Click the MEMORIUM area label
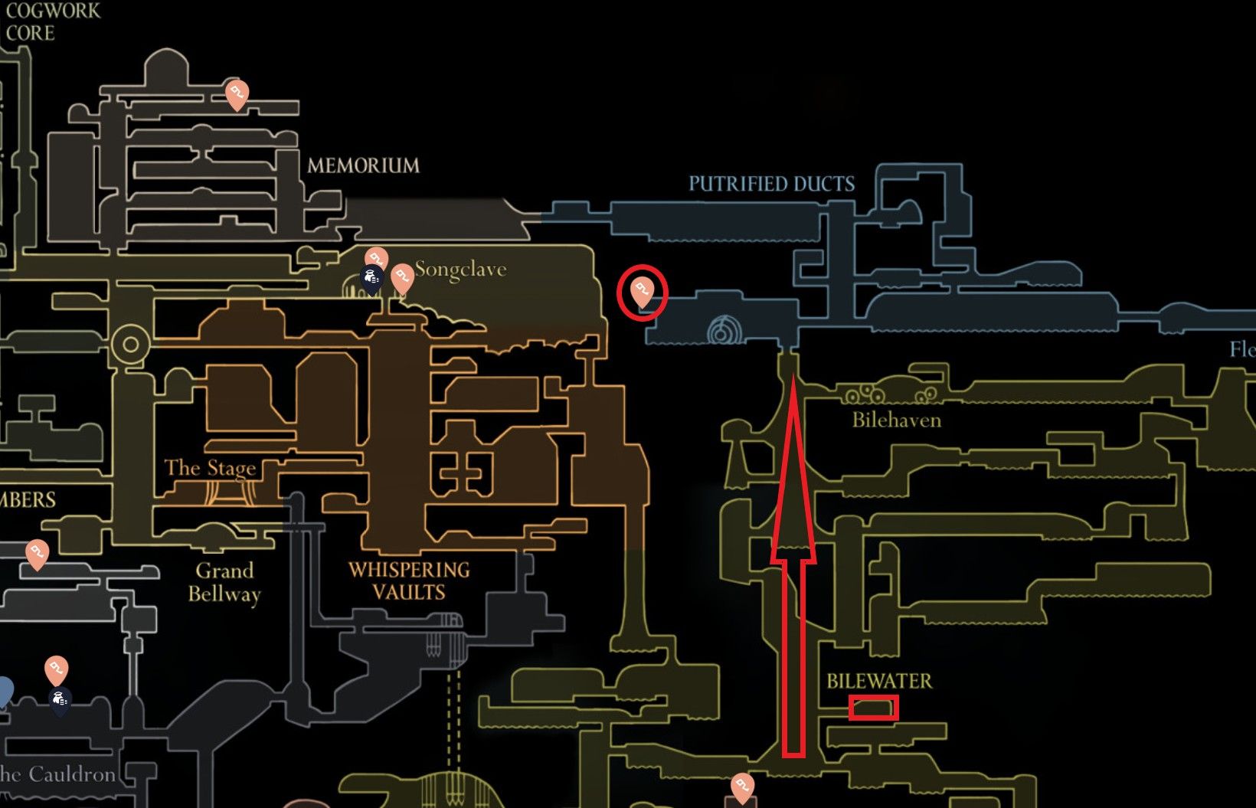pos(363,165)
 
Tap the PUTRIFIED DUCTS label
pos(771,184)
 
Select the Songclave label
pos(460,270)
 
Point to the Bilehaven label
pos(896,420)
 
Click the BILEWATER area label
pos(879,681)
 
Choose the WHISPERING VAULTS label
pos(409,581)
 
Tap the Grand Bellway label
pos(224,582)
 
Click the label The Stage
pos(210,468)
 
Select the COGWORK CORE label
pos(52,21)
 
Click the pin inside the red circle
pos(642,291)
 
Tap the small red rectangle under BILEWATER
pos(873,708)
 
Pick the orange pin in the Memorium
pos(237,94)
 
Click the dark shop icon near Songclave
pos(371,280)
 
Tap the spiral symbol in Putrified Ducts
pos(720,332)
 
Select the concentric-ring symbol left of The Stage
pos(131,344)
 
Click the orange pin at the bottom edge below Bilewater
pos(741,787)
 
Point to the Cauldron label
pos(57,774)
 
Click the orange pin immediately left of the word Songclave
pos(402,277)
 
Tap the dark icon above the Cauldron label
pos(61,700)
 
